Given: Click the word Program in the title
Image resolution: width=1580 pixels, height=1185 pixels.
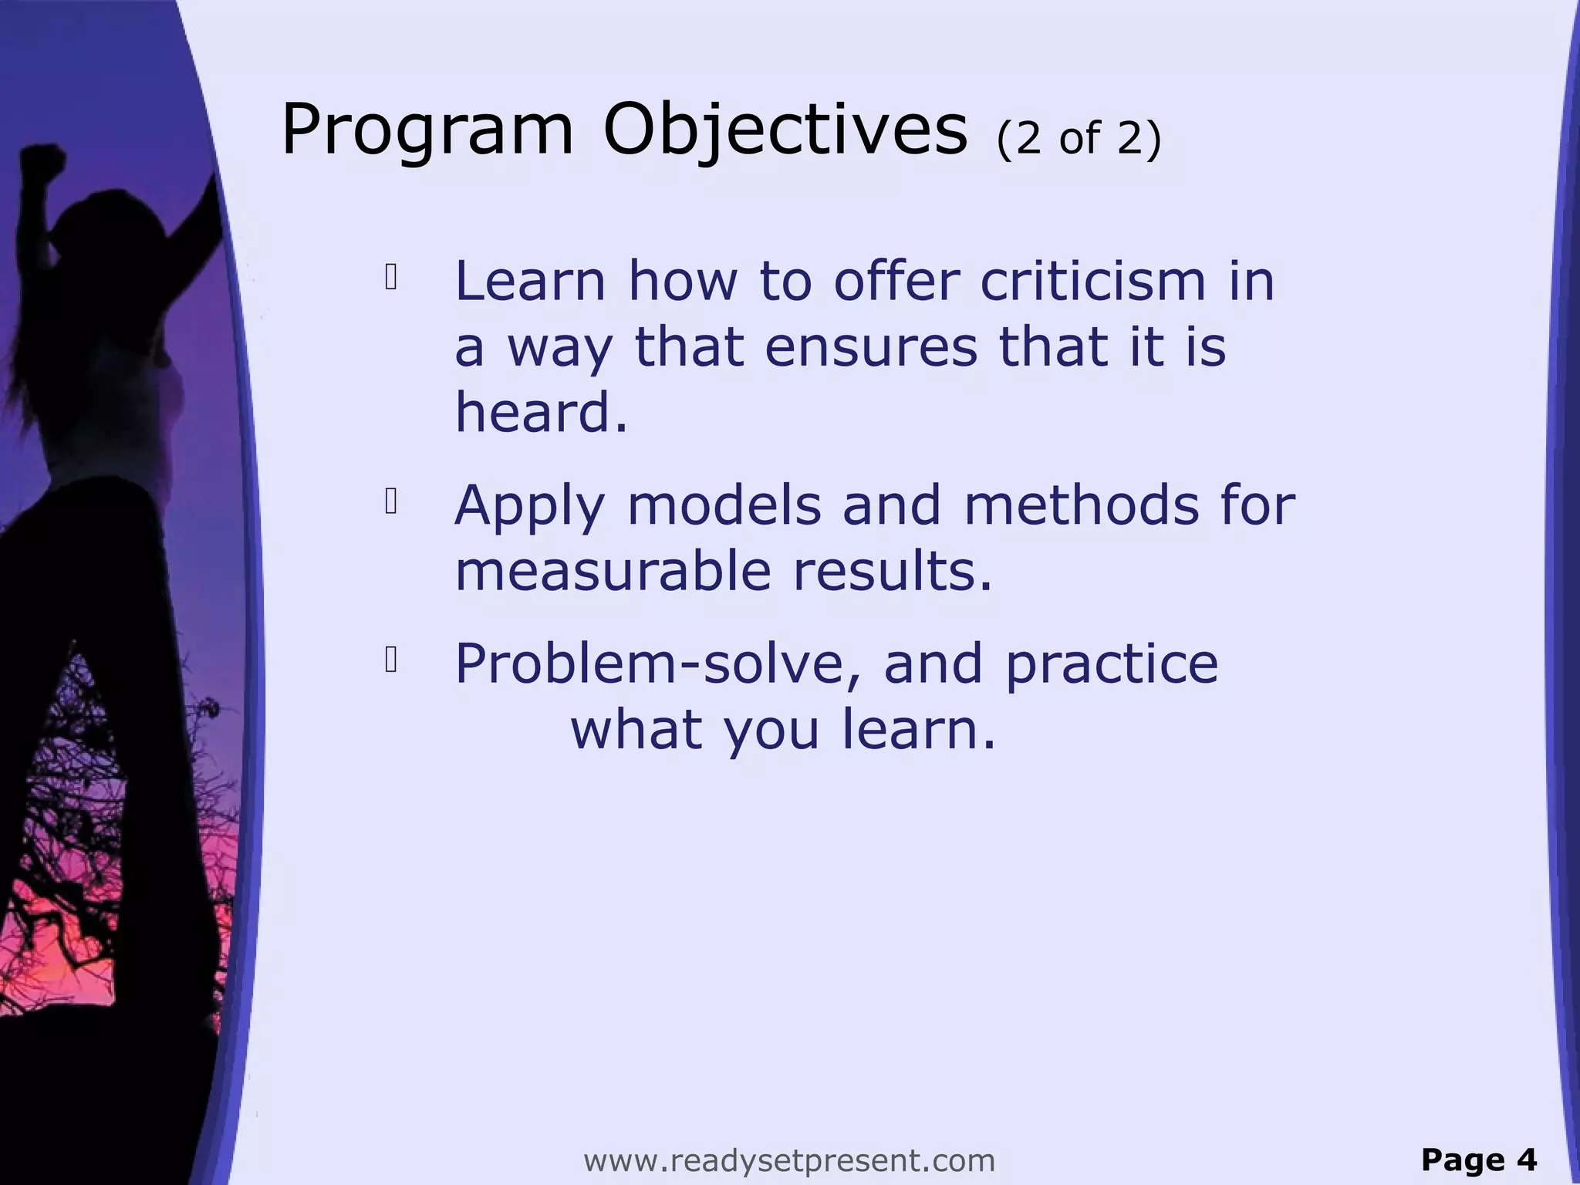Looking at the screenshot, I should click(428, 131).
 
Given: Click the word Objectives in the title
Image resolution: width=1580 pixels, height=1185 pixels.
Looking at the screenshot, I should click(785, 131).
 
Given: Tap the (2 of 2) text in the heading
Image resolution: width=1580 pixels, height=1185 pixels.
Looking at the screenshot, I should click(1079, 139).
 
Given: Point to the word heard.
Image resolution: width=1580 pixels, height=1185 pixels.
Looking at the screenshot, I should click(541, 412).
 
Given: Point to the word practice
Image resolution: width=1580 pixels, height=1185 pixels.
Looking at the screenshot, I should click(1112, 665).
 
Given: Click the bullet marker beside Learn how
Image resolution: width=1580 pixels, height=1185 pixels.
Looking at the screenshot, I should click(391, 279).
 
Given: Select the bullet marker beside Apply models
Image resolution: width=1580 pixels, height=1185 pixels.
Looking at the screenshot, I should click(391, 502).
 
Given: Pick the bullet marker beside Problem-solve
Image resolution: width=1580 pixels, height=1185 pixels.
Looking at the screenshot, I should click(391, 660).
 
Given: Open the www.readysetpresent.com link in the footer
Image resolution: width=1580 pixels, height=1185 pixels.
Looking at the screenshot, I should click(789, 1160).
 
